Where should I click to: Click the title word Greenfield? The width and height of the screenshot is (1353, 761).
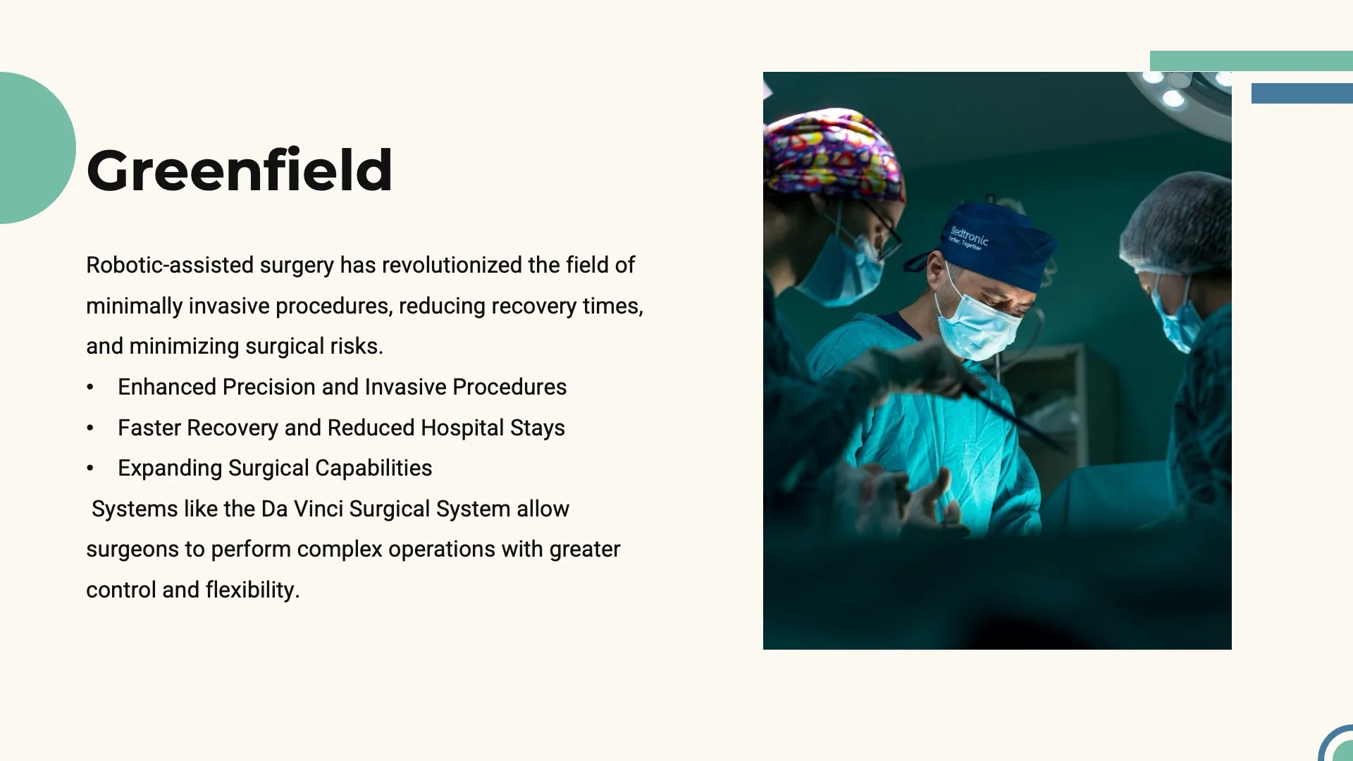[x=240, y=171]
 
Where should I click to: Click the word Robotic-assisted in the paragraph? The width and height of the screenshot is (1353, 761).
[x=170, y=265]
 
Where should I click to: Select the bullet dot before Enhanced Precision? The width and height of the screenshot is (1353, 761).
[x=90, y=388]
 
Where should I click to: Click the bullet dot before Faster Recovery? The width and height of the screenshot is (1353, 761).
[x=90, y=428]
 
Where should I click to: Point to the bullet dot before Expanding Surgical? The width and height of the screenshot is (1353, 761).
[x=90, y=469]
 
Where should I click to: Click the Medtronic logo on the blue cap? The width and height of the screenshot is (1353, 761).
[x=968, y=237]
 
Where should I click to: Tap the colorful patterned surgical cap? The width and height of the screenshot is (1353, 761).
[x=832, y=151]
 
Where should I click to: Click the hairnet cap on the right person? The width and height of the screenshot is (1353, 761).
[x=1177, y=222]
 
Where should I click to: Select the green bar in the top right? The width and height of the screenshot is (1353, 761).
[x=1251, y=61]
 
